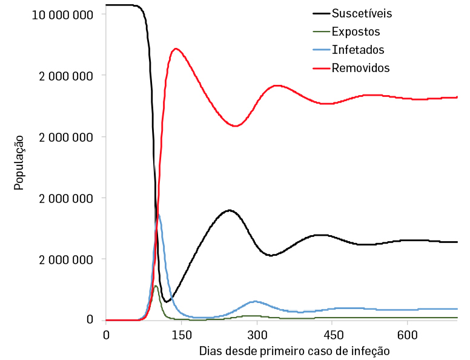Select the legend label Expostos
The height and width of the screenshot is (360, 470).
pyautogui.click(x=356, y=32)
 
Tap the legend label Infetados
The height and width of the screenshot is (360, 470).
pyautogui.click(x=358, y=50)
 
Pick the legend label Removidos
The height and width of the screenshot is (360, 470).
pyautogui.click(x=361, y=68)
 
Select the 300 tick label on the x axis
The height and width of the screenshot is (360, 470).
pyautogui.click(x=257, y=335)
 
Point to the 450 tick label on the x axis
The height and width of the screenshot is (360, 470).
pyautogui.click(x=333, y=335)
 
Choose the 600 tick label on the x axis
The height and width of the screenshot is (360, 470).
pyautogui.click(x=408, y=335)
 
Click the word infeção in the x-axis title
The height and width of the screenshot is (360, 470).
pyautogui.click(x=369, y=351)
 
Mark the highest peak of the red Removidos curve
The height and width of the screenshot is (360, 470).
pyautogui.click(x=176, y=49)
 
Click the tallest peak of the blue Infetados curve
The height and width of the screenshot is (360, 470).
pyautogui.click(x=158, y=214)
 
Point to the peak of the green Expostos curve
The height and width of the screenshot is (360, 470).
pyautogui.click(x=156, y=285)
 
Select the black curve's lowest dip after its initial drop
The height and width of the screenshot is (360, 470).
pyautogui.click(x=167, y=301)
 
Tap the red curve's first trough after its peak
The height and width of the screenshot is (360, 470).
pyautogui.click(x=236, y=126)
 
